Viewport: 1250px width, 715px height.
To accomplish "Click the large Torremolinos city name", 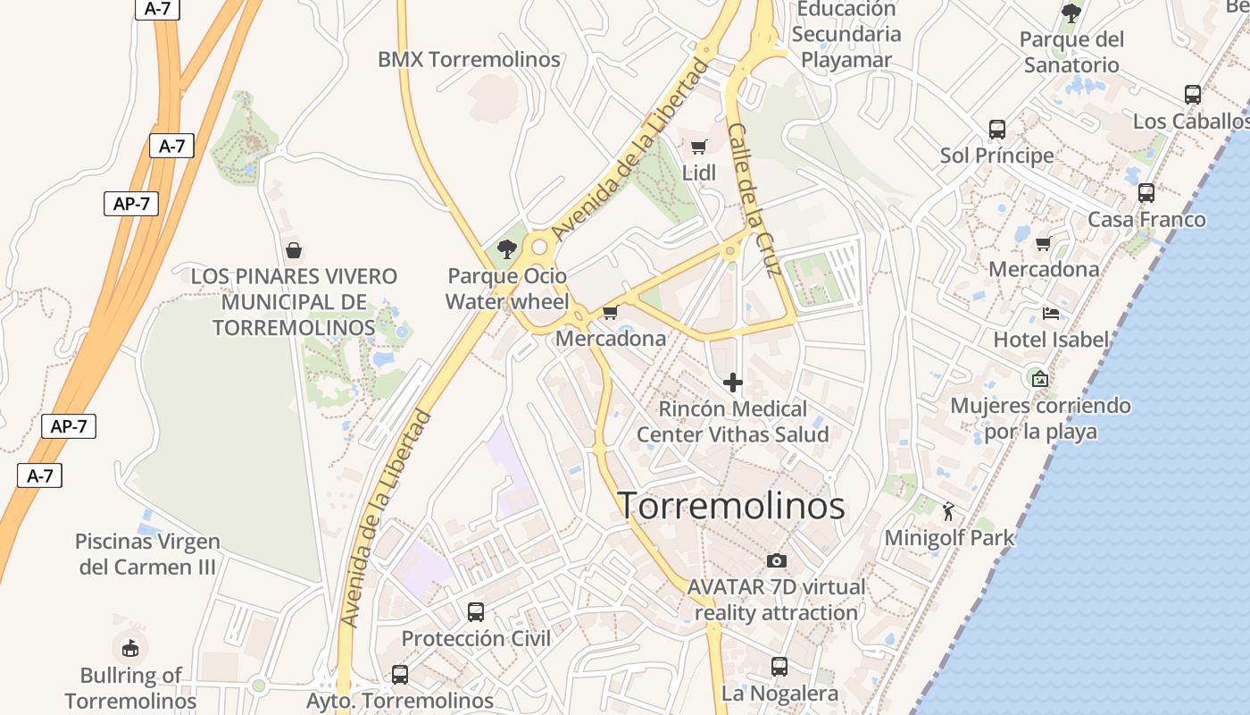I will click(x=731, y=506).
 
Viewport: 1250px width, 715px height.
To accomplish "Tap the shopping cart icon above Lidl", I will click(x=698, y=147).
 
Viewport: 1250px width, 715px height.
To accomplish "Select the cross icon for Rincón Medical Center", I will click(x=733, y=383).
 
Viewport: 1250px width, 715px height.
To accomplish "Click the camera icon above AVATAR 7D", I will click(x=777, y=560).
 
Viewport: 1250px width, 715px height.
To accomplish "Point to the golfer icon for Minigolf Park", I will click(x=948, y=511).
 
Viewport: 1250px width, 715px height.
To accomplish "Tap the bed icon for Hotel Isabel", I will click(x=1051, y=314).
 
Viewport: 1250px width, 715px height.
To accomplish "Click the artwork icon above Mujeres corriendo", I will click(x=1039, y=378).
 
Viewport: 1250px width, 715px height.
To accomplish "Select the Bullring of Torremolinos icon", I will click(x=130, y=648).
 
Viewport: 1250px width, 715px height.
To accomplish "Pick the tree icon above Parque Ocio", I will click(x=507, y=249).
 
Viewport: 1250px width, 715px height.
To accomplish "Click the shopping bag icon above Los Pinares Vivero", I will click(x=293, y=250).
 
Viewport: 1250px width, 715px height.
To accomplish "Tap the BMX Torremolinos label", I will click(x=469, y=60).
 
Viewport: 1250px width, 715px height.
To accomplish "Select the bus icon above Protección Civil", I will click(x=476, y=612).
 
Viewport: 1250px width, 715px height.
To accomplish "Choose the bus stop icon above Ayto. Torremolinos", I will click(x=399, y=675).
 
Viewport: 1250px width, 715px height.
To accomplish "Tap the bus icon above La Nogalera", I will click(x=779, y=667).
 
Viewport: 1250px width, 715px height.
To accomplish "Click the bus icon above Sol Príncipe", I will click(x=997, y=130).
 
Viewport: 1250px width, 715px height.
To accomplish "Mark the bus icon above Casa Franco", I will click(x=1146, y=193).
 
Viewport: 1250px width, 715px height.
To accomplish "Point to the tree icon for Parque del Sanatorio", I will click(x=1071, y=13).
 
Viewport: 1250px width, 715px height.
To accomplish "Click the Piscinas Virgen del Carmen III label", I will click(x=147, y=554).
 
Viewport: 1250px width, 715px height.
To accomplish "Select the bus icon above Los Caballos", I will click(x=1192, y=95).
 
